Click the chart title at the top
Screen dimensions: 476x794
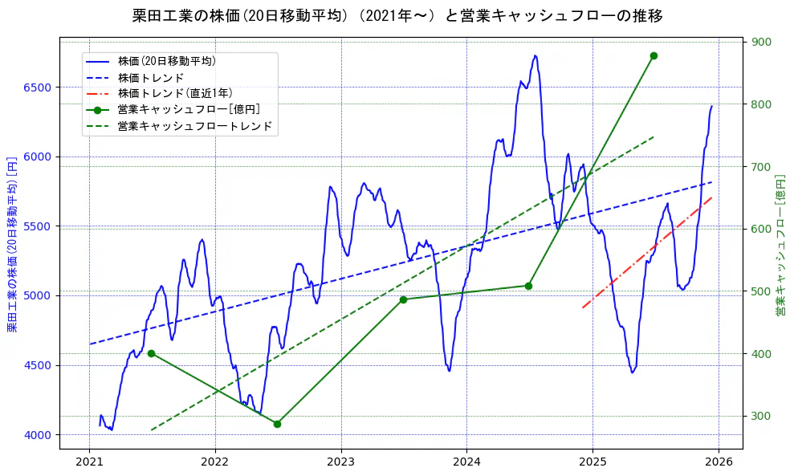[x=397, y=16]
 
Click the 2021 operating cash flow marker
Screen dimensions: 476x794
[x=151, y=353]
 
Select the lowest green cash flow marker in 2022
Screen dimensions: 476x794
[x=277, y=424]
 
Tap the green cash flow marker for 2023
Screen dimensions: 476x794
[x=403, y=299]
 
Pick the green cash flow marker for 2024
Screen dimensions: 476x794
[x=528, y=286]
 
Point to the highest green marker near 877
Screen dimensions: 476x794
[x=654, y=55]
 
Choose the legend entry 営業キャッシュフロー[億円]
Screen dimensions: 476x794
[x=188, y=110]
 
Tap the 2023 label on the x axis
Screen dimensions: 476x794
[x=341, y=462]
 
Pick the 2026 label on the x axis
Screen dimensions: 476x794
[x=719, y=462]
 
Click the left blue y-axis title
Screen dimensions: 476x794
[x=12, y=243]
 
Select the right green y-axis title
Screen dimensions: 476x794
[x=780, y=243]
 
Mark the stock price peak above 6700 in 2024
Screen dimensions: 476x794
[x=535, y=56]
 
